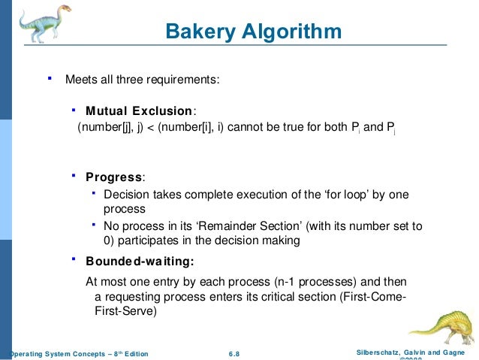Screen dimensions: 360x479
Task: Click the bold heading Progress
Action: [x=113, y=177]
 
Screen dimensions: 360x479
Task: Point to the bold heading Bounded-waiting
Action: [x=140, y=262]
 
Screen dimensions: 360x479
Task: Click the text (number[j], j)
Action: [x=110, y=128]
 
